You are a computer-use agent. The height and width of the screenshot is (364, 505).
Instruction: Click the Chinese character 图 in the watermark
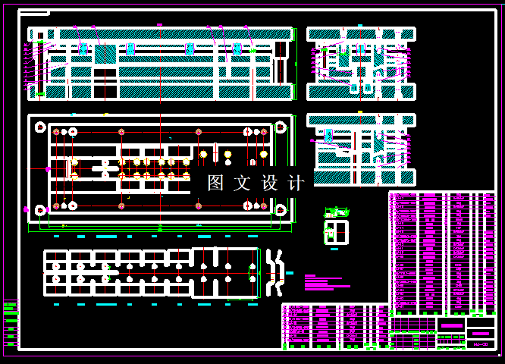[x=215, y=183]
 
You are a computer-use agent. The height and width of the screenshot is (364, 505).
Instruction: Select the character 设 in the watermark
[x=269, y=183]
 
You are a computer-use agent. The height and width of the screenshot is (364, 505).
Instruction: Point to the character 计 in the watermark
[x=296, y=183]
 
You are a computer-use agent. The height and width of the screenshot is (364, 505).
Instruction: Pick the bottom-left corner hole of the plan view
[x=39, y=208]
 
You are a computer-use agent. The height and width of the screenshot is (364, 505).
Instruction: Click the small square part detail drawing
[x=335, y=232]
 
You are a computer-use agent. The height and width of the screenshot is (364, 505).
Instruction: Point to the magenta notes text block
[x=326, y=281]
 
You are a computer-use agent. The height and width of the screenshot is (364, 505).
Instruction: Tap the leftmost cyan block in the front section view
[x=83, y=49]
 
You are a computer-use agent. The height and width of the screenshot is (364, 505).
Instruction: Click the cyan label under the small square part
[x=334, y=248]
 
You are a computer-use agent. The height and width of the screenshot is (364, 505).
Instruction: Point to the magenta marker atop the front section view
[x=159, y=25]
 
